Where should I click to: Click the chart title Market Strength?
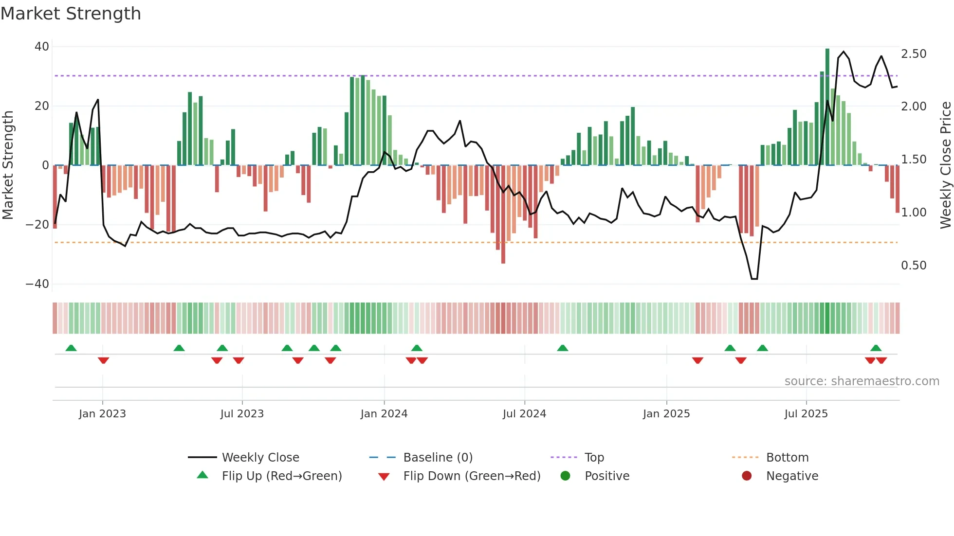pyautogui.click(x=71, y=14)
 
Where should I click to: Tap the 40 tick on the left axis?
pyautogui.click(x=42, y=47)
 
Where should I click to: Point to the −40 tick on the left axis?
pyautogui.click(x=37, y=284)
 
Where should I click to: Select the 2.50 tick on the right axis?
pyautogui.click(x=914, y=54)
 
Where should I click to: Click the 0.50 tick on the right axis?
pyautogui.click(x=914, y=266)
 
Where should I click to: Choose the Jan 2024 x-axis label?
pyautogui.click(x=384, y=414)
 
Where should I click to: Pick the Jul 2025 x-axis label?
pyautogui.click(x=806, y=414)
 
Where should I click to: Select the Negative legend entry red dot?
pyautogui.click(x=747, y=476)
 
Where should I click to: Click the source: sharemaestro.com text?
pyautogui.click(x=862, y=381)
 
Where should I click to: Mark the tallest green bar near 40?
pyautogui.click(x=827, y=107)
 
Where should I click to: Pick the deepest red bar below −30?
pyautogui.click(x=503, y=214)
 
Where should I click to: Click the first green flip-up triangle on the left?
pyautogui.click(x=71, y=348)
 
